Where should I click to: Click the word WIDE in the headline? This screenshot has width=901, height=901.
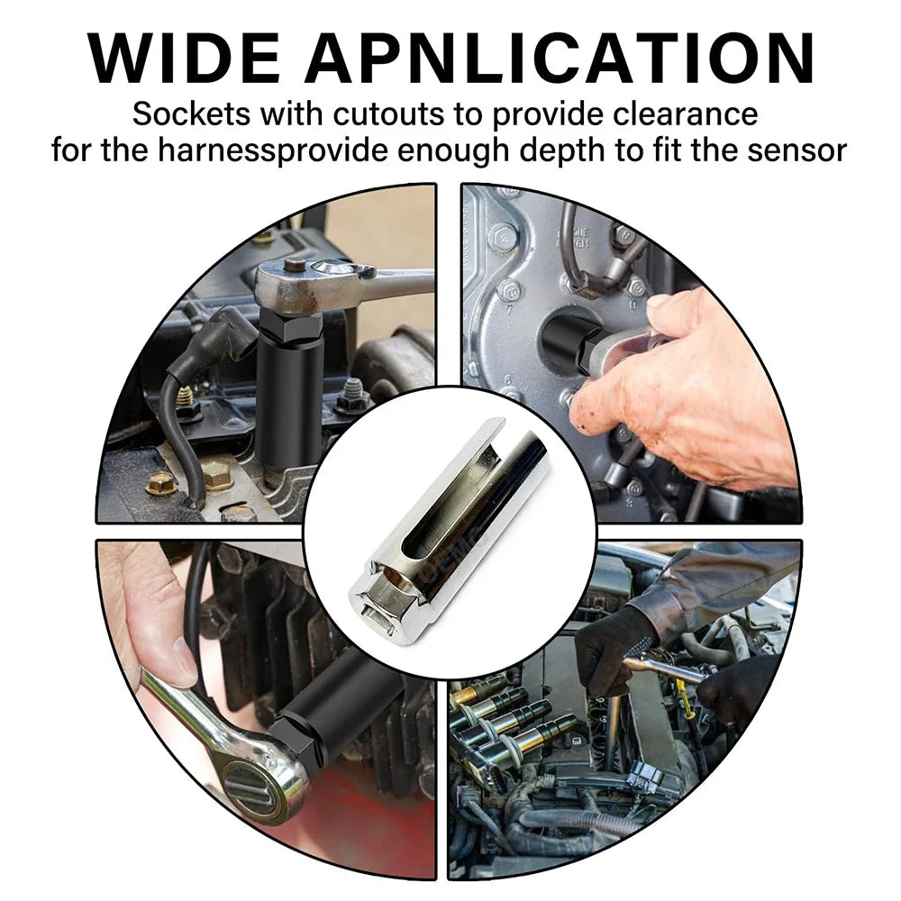coord(183,59)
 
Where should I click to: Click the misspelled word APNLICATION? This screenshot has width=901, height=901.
coord(560,59)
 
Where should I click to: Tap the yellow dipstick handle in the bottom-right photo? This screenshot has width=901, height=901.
coord(687,698)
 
